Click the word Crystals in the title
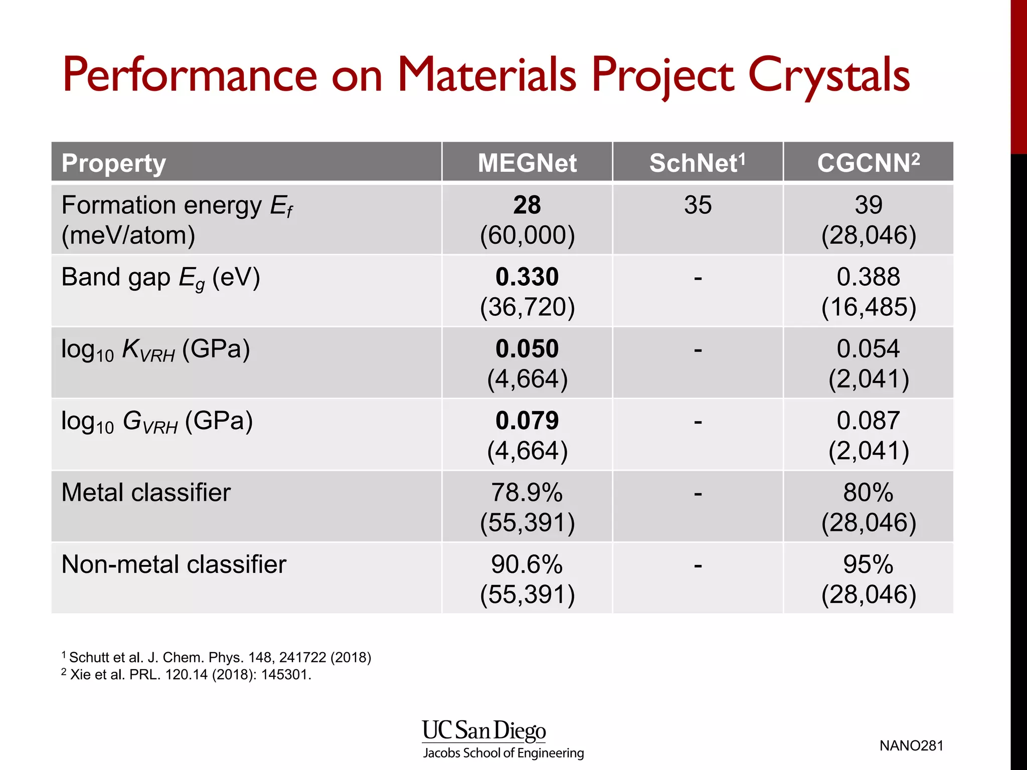(828, 75)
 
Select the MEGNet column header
(527, 163)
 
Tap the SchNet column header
(697, 163)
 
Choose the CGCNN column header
(868, 163)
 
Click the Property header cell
(114, 163)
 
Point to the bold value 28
(527, 205)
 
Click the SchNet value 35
(698, 205)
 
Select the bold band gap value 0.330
(527, 277)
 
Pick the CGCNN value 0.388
(868, 277)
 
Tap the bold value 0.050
(527, 348)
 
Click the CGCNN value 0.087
(868, 420)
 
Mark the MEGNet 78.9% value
(527, 492)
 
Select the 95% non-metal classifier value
(868, 564)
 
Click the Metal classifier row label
(146, 492)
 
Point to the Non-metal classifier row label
(174, 564)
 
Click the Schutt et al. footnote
(217, 657)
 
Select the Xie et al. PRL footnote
(187, 674)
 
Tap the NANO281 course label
(911, 745)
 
